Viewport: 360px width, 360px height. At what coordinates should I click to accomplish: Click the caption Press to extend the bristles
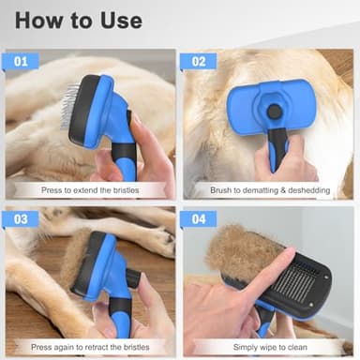pos(90,190)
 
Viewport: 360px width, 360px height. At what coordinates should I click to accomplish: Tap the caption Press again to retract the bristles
pos(90,346)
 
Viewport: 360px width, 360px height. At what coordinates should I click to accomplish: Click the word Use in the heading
pos(118,20)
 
